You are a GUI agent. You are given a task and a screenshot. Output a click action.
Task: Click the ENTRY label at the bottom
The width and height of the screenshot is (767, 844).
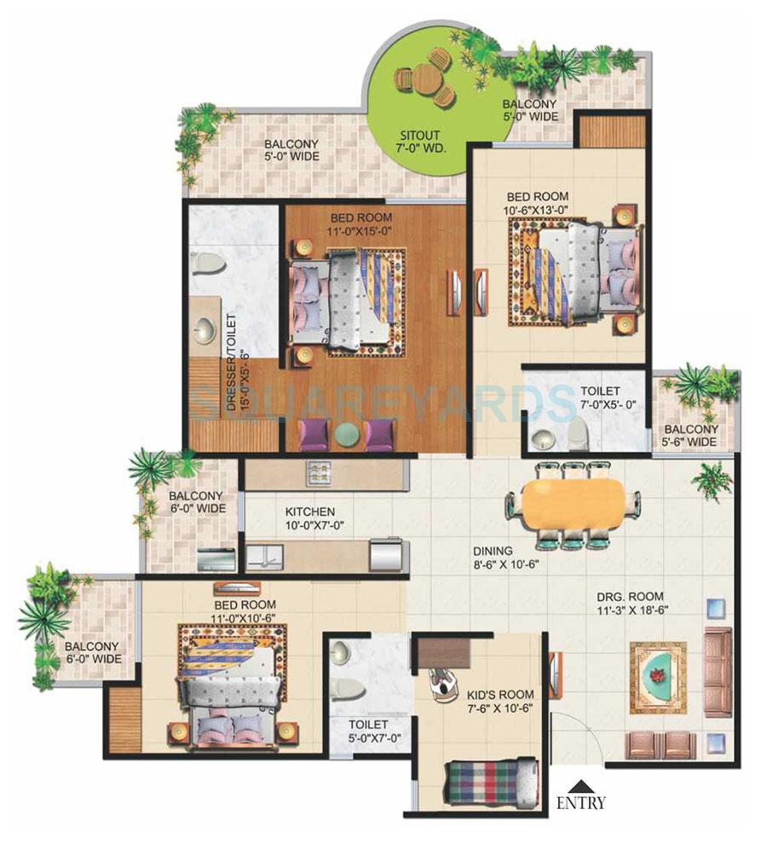click(x=581, y=802)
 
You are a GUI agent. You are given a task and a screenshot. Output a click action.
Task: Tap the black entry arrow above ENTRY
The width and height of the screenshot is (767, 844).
click(x=581, y=785)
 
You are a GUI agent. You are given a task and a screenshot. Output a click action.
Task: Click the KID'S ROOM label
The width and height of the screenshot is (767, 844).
click(x=488, y=696)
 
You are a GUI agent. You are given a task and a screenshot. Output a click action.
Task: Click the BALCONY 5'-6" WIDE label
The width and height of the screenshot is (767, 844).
click(x=691, y=436)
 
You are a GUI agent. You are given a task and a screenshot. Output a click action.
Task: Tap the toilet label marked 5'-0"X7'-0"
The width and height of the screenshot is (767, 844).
click(x=367, y=732)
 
